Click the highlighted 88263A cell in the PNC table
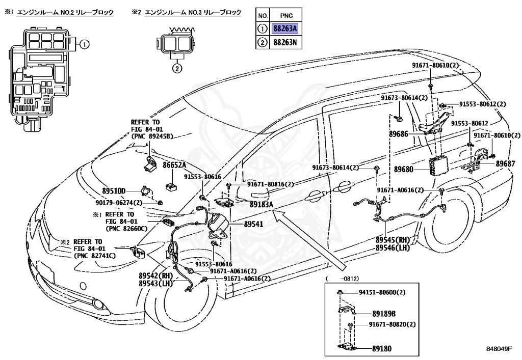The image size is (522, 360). [285, 29]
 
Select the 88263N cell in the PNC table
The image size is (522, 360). [285, 42]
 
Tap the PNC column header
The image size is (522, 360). [286, 16]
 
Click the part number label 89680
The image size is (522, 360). [404, 169]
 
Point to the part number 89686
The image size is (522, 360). [399, 134]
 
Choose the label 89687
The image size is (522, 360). [505, 163]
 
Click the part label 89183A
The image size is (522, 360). [262, 204]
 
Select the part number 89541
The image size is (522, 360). [253, 224]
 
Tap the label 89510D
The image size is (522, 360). [114, 191]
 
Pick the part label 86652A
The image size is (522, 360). [174, 165]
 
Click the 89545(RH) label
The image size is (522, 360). [393, 240]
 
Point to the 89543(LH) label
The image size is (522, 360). [156, 284]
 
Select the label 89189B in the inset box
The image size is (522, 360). [384, 314]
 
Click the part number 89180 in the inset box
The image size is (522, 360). [382, 348]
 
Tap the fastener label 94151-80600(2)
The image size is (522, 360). [382, 292]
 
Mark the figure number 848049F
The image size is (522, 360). [499, 349]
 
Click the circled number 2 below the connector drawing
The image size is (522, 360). [177, 69]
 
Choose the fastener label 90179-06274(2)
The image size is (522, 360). [119, 203]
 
